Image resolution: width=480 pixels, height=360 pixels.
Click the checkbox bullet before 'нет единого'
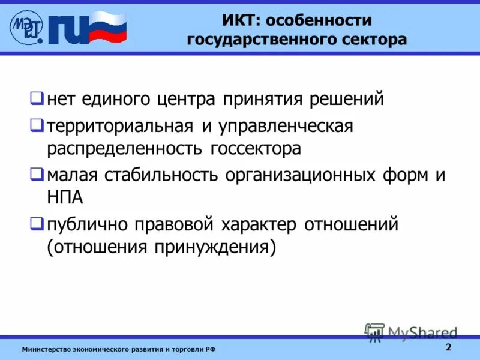(x=37, y=97)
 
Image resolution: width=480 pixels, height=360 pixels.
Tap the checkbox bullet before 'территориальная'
(x=37, y=125)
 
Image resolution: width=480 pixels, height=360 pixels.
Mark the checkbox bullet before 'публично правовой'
(x=37, y=224)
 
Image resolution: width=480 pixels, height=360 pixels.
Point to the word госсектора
(x=255, y=148)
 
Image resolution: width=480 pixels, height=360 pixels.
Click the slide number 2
(x=448, y=348)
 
